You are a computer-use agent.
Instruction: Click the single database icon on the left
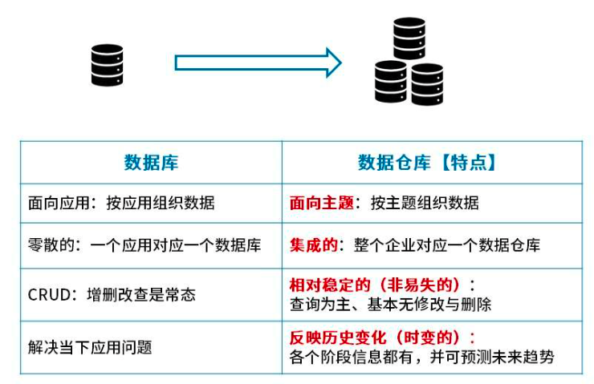108,65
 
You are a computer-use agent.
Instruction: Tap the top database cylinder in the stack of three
409,38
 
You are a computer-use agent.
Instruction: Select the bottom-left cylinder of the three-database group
391,82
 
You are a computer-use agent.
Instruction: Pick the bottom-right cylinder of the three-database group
426,84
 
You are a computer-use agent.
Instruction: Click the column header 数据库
151,163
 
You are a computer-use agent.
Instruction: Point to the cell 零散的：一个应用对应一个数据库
144,245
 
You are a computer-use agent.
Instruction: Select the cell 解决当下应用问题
90,347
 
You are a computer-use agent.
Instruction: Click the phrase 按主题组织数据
425,203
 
